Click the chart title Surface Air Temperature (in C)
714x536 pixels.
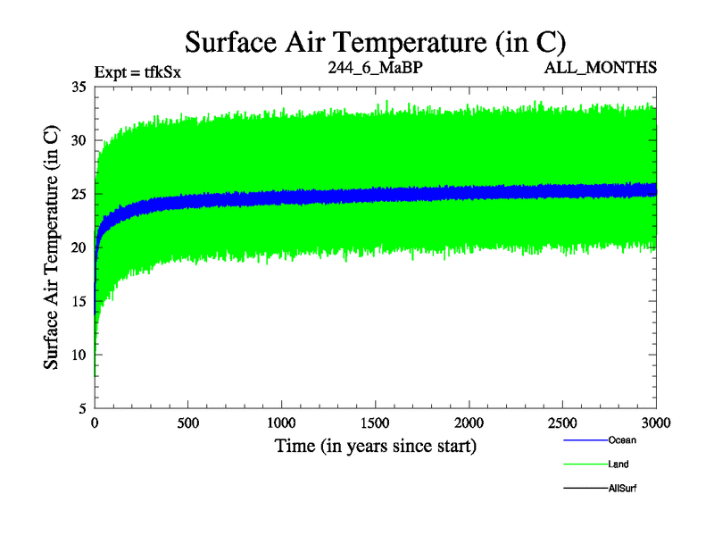375,41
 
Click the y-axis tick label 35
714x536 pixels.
78,87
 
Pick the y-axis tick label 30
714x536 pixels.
78,140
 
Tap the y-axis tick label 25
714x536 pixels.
78,194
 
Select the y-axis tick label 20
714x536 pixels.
78,247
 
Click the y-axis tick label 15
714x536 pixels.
78,301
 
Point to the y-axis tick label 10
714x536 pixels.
78,355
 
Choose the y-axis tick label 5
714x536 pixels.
82,408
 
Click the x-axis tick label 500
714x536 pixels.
188,423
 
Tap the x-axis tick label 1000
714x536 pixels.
282,423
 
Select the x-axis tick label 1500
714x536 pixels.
376,423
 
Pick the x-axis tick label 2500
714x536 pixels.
563,423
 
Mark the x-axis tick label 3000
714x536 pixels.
656,423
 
